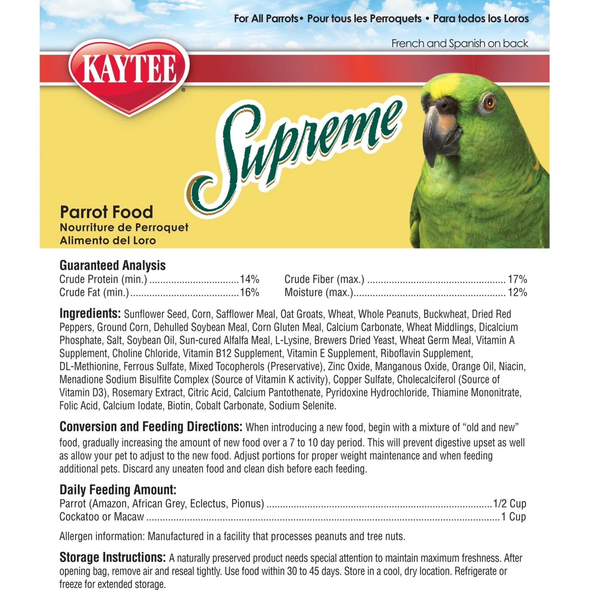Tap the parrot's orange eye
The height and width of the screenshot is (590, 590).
489,103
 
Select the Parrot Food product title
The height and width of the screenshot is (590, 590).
106,212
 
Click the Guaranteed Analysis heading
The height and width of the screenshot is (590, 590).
112,265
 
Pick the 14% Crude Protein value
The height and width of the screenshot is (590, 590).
249,279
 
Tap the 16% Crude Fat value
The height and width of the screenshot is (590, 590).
249,293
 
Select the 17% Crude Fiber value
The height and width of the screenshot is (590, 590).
517,279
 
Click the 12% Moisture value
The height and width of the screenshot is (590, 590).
517,293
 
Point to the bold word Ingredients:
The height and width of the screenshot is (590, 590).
90,313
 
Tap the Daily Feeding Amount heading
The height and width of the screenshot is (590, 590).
118,490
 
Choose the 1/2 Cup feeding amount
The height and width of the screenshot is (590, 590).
509,503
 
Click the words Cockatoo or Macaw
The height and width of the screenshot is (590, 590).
101,517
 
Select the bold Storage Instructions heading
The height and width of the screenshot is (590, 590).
112,557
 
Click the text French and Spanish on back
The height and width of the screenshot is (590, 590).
459,43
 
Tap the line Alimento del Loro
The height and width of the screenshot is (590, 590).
108,240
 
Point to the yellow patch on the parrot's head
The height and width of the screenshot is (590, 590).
444,85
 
